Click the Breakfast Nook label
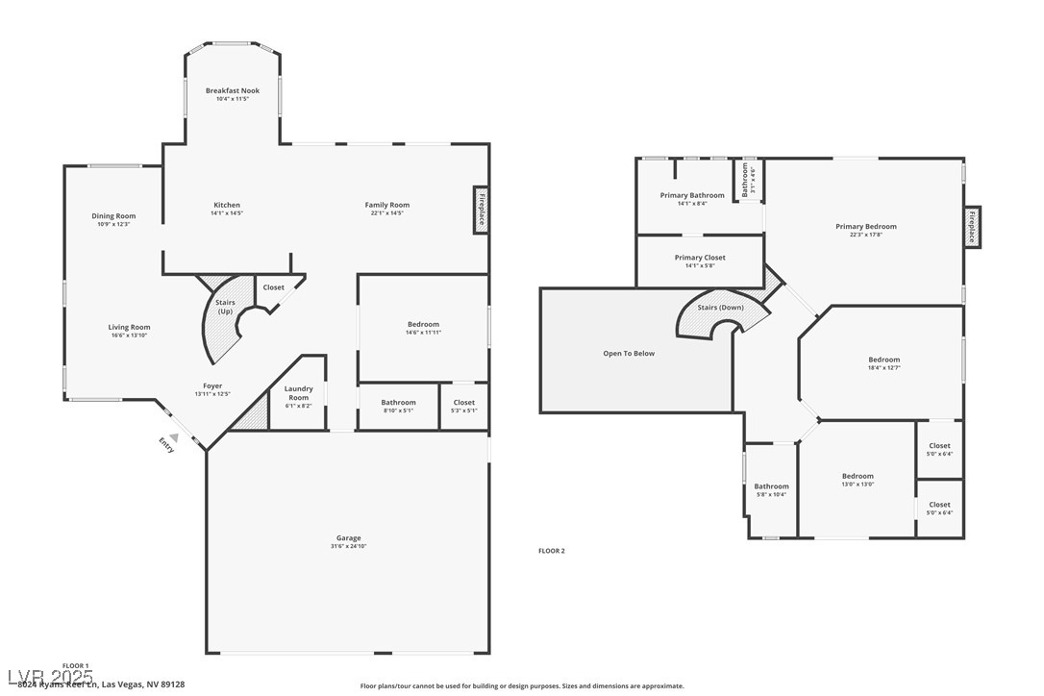pos(232,90)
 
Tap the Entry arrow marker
pos(174,436)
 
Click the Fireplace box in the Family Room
pos(481,210)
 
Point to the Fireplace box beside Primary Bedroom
pos(972,227)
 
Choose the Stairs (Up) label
pos(225,307)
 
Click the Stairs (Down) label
pos(720,308)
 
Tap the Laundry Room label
pos(299,392)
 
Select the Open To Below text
pos(629,353)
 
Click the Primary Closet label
pos(700,258)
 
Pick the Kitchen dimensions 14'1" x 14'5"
pos(227,212)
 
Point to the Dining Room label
pos(113,216)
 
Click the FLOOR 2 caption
pos(551,551)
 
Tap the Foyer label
pos(212,385)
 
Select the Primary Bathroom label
pos(692,195)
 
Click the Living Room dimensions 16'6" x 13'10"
pos(129,335)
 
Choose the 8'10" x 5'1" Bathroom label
pos(398,402)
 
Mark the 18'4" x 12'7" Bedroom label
pos(884,360)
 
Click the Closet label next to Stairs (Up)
pos(273,287)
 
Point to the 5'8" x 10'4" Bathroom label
pos(771,486)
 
